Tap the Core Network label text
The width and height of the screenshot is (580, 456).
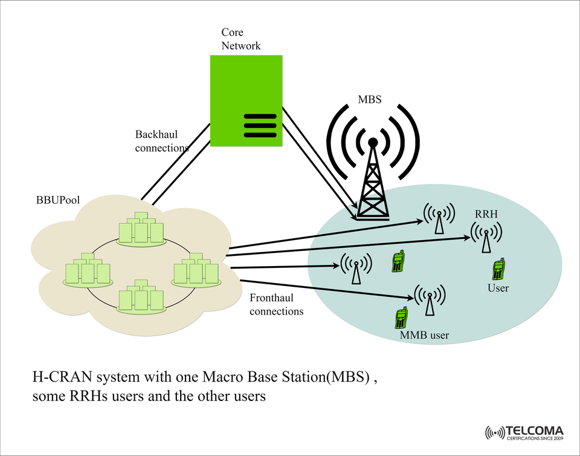(x=240, y=39)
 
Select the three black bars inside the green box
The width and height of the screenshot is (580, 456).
(x=259, y=125)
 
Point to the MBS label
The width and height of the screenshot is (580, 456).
(x=370, y=100)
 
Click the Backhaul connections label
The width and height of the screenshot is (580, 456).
(x=161, y=141)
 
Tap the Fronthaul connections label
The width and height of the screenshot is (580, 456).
(x=276, y=305)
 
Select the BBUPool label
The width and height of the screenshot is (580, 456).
(x=58, y=200)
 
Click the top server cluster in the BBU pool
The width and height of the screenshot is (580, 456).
(x=141, y=229)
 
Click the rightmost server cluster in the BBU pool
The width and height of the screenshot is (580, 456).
(x=195, y=270)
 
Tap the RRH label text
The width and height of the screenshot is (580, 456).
(x=486, y=214)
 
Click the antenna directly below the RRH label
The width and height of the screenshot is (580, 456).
(x=486, y=238)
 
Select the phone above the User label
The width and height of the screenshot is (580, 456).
(x=498, y=269)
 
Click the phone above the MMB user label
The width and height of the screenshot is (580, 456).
(x=400, y=318)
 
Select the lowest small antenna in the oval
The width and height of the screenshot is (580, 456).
(x=429, y=299)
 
